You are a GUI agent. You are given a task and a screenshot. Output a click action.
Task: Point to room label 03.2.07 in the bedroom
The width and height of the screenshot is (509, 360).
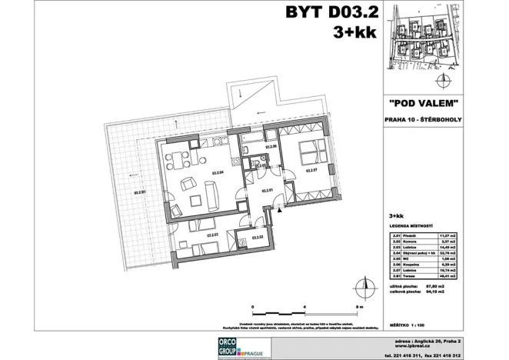tap(311, 171)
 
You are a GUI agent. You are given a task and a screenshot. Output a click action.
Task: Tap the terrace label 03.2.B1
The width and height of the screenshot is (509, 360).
tap(140, 193)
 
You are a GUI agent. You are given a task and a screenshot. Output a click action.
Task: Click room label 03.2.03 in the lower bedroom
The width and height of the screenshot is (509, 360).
tap(213, 235)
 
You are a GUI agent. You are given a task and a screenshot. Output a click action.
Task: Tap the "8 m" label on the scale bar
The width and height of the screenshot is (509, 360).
tap(358, 306)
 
